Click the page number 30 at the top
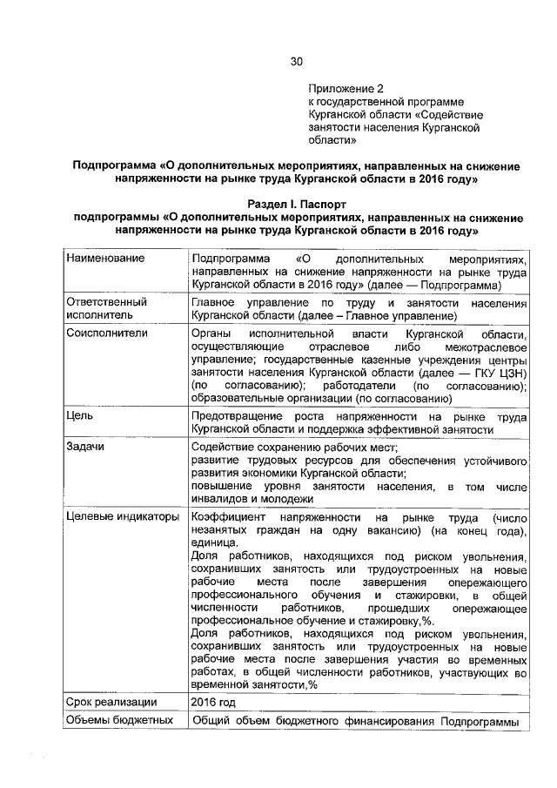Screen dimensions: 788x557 pos(296,61)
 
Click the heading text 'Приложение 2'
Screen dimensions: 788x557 pos(346,89)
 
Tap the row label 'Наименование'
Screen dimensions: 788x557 pos(105,259)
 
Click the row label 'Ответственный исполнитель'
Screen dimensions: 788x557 pos(106,308)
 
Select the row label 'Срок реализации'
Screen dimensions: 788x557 pos(111,702)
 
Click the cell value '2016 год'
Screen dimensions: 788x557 pos(213,702)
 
